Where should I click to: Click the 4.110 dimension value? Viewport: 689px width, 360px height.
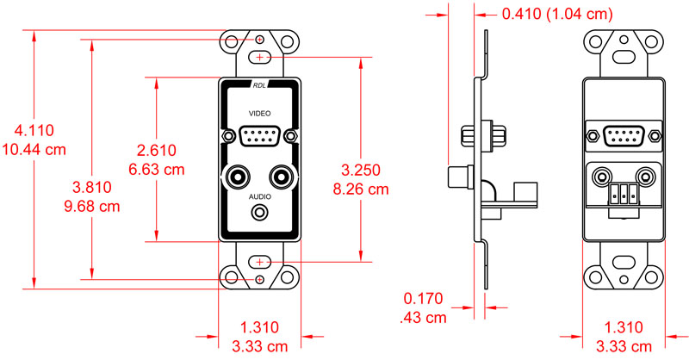pyautogui.click(x=34, y=131)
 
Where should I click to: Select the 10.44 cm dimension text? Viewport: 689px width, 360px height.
pyautogui.click(x=34, y=149)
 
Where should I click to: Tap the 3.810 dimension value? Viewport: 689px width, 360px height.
pyautogui.click(x=90, y=187)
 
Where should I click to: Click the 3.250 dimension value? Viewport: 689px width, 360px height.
pyautogui.click(x=361, y=168)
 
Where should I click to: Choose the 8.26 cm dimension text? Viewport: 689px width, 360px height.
pyautogui.click(x=361, y=187)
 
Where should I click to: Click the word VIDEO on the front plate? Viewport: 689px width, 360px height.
pyautogui.click(x=259, y=114)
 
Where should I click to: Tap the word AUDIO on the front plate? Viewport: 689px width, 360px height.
pyautogui.click(x=259, y=196)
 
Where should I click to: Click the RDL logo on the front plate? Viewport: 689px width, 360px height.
pyautogui.click(x=260, y=85)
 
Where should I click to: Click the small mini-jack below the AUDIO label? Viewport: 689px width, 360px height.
pyautogui.click(x=260, y=212)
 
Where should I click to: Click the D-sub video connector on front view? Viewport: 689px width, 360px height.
pyautogui.click(x=259, y=136)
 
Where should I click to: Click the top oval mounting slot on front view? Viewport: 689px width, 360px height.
pyautogui.click(x=260, y=57)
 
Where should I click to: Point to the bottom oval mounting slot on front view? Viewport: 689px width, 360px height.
pyautogui.click(x=260, y=261)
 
